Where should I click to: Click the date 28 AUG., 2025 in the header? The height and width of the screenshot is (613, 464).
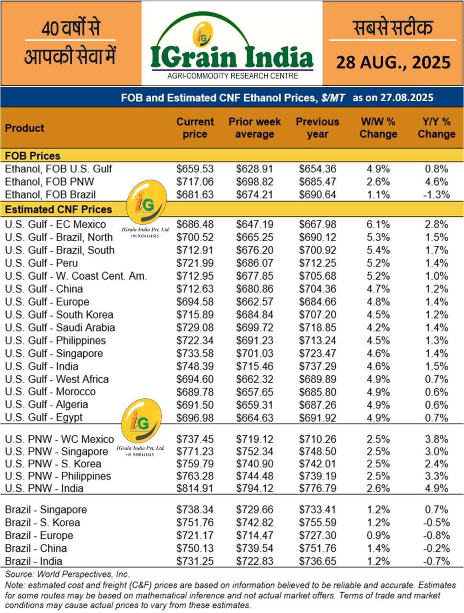(x=393, y=62)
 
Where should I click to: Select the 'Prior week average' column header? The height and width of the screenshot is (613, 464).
(x=254, y=128)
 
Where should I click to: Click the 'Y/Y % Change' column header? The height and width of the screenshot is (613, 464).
(x=436, y=128)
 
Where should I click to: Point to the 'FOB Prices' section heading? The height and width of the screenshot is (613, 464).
(x=33, y=156)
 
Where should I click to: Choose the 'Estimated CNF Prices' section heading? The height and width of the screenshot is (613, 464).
(x=58, y=209)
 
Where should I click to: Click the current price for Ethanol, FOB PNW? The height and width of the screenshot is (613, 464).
(x=195, y=182)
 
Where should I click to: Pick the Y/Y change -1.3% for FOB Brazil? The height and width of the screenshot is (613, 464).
(x=436, y=195)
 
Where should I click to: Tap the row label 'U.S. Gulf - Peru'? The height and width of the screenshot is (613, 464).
(x=41, y=263)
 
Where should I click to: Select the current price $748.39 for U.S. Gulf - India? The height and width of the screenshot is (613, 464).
(x=195, y=366)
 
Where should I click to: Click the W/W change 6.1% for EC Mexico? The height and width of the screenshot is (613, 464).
(x=378, y=224)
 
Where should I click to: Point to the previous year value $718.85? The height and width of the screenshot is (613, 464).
(x=317, y=328)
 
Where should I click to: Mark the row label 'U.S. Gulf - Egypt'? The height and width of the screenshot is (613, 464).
(x=44, y=417)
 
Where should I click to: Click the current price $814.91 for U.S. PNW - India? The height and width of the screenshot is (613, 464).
(x=195, y=488)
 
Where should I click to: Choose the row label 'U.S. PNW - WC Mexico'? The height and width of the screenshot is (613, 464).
(x=59, y=439)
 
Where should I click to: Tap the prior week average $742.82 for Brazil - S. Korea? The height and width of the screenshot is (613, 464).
(x=254, y=522)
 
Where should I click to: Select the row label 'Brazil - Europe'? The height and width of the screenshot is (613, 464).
(x=39, y=535)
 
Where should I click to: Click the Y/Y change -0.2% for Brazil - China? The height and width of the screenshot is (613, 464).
(x=436, y=548)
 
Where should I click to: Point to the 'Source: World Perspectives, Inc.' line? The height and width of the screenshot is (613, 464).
(x=68, y=574)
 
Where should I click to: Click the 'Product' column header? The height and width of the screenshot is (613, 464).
(x=24, y=128)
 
